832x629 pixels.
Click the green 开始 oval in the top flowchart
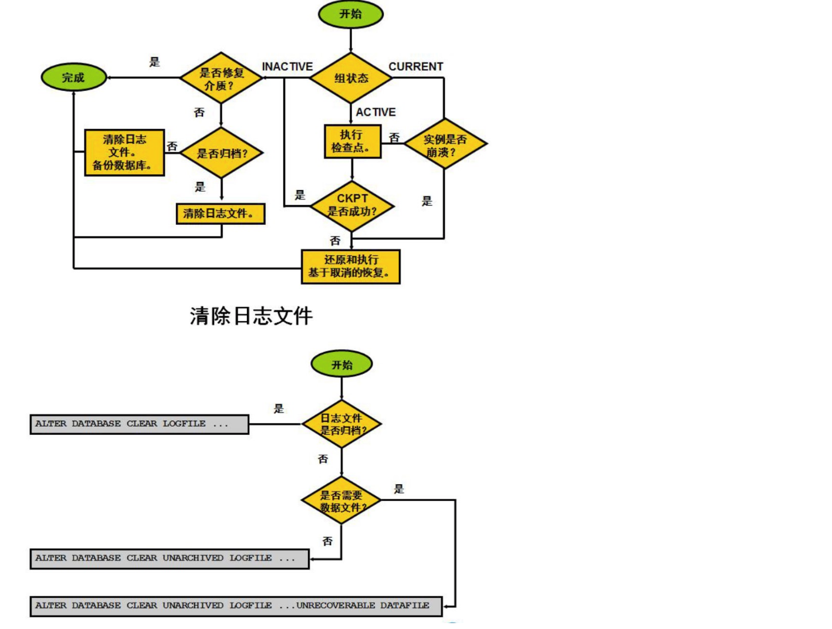(x=350, y=14)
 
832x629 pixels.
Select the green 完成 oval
(x=73, y=77)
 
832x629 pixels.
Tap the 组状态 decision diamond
(x=351, y=77)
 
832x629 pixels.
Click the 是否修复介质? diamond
(x=221, y=78)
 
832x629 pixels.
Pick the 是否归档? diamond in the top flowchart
(x=221, y=153)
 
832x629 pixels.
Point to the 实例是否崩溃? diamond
(x=445, y=144)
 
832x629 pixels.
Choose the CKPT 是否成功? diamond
(x=351, y=205)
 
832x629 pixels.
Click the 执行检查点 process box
(x=352, y=141)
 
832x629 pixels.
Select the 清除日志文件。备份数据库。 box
(x=124, y=153)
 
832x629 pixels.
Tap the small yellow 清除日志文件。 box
(x=220, y=214)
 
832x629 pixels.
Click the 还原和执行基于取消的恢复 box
(x=350, y=266)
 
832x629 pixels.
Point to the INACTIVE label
(x=287, y=67)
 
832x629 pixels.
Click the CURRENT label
(x=415, y=67)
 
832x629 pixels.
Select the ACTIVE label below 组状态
(x=376, y=112)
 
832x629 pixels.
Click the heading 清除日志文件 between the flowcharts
(x=251, y=316)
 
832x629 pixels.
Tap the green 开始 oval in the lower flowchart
(x=341, y=364)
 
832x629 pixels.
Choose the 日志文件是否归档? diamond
(x=341, y=424)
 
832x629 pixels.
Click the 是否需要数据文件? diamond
(x=341, y=501)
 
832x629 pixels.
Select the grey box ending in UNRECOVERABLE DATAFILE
(x=236, y=606)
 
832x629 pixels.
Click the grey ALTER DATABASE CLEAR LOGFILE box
(x=139, y=424)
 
